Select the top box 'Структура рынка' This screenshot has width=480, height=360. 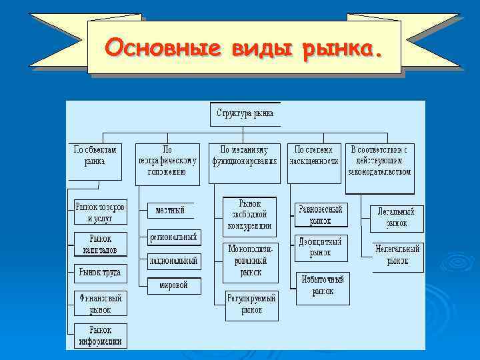(x=245, y=113)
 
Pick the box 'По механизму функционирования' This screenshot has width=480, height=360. (x=245, y=155)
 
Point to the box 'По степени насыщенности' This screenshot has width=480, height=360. (x=314, y=155)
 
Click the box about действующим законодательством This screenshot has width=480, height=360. (x=379, y=160)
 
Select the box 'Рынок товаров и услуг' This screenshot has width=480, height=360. (x=100, y=212)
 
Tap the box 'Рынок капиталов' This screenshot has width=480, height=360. (x=100, y=243)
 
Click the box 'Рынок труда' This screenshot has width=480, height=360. (x=100, y=272)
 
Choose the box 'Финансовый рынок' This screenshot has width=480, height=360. (x=100, y=304)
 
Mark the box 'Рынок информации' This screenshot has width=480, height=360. (x=100, y=335)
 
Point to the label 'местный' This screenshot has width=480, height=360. (x=170, y=210)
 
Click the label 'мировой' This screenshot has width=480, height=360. (x=173, y=285)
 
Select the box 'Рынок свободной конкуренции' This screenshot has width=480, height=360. (x=249, y=214)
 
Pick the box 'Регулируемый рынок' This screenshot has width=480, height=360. (x=251, y=304)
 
